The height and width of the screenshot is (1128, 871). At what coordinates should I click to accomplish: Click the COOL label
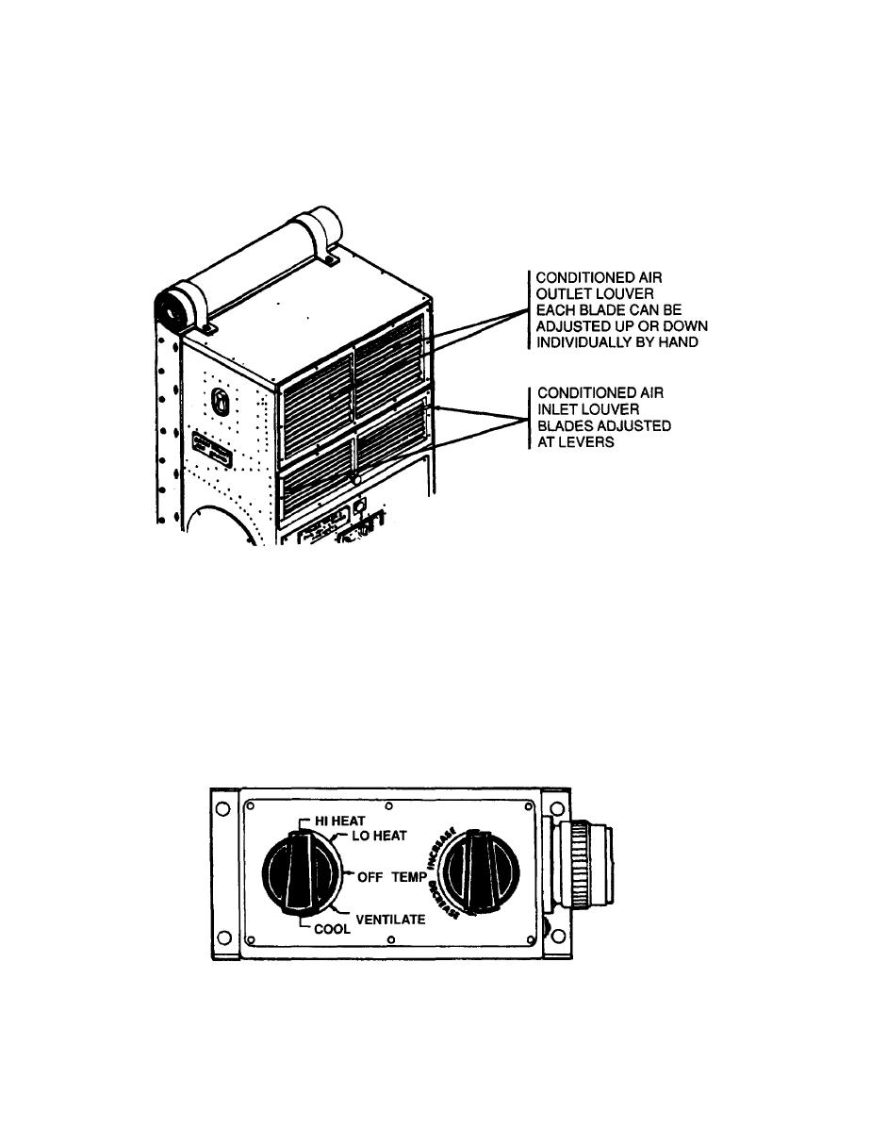point(332,928)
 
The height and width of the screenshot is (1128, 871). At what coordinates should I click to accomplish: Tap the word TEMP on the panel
point(411,876)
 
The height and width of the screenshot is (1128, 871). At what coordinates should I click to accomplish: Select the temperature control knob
point(479,873)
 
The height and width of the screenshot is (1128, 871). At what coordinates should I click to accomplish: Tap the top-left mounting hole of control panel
point(222,809)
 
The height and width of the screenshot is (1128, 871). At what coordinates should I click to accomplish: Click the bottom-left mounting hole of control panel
point(222,938)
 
